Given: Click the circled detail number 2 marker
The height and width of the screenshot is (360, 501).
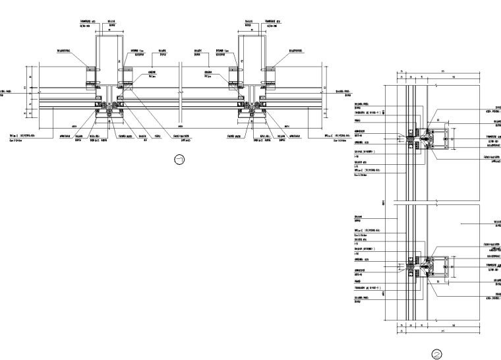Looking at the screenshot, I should click(436, 353).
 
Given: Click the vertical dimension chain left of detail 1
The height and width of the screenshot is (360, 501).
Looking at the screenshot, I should click(29, 92).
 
